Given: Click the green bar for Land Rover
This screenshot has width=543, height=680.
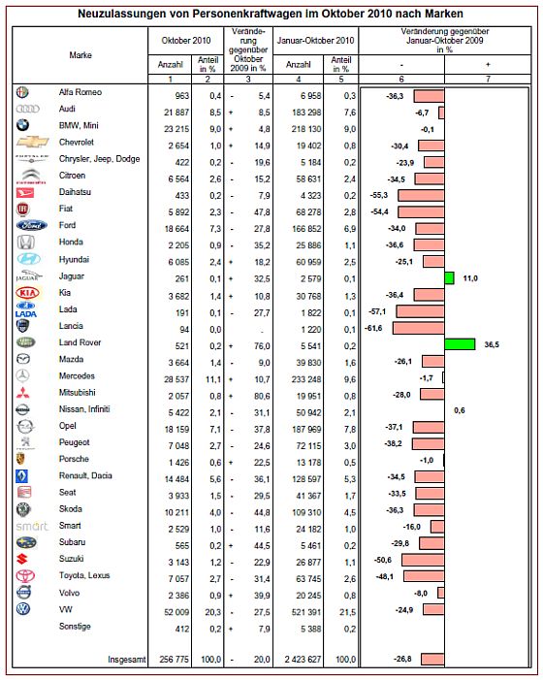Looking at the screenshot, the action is click(460, 344).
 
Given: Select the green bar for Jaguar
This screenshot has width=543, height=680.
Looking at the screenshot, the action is click(449, 278).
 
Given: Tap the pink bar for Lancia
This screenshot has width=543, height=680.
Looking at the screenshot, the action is click(418, 328).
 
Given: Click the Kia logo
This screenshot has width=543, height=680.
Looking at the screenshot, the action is click(27, 293).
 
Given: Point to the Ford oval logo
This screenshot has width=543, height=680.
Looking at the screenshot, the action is click(31, 225).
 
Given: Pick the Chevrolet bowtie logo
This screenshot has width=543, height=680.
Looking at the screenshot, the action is click(33, 142).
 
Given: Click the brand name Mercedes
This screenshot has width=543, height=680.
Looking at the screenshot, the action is click(77, 376).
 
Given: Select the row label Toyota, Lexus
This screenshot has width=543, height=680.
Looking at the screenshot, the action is click(84, 575).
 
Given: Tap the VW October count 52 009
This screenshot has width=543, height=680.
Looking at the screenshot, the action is click(176, 612).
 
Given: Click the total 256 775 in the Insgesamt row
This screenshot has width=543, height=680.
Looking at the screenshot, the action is click(175, 660).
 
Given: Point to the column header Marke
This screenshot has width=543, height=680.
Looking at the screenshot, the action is click(80, 55).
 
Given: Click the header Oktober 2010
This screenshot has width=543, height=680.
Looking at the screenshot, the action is click(186, 41).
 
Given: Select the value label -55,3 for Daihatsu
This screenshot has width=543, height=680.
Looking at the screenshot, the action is click(379, 195).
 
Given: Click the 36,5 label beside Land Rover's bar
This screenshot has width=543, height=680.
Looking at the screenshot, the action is click(492, 344).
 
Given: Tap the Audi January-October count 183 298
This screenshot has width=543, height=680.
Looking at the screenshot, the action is click(306, 113).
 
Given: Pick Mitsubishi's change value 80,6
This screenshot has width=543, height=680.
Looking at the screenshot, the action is click(262, 396).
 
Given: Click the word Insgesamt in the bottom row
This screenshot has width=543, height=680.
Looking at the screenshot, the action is click(127, 660).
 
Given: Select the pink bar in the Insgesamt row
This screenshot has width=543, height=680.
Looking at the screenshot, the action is click(432, 660).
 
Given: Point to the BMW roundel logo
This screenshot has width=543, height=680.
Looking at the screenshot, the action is click(22, 125).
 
